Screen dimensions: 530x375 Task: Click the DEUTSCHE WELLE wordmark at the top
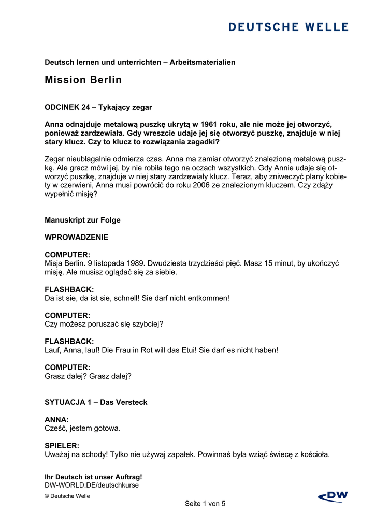(289, 27)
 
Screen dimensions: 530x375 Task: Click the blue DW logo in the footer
(333, 496)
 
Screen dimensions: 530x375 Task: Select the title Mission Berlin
(83, 80)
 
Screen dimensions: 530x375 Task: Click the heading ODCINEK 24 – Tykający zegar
(98, 107)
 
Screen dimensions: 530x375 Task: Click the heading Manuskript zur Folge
(82, 220)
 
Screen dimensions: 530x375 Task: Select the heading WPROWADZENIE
(77, 237)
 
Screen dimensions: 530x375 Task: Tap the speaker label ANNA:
(57, 419)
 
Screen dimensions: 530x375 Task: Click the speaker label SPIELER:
(62, 446)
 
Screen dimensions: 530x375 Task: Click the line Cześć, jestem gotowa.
(82, 428)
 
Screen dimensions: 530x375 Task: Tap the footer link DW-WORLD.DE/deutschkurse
(92, 485)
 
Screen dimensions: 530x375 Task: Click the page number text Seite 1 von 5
(205, 503)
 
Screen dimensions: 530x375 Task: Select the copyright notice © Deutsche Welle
(67, 496)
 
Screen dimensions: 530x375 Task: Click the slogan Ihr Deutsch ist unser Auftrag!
(93, 477)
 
